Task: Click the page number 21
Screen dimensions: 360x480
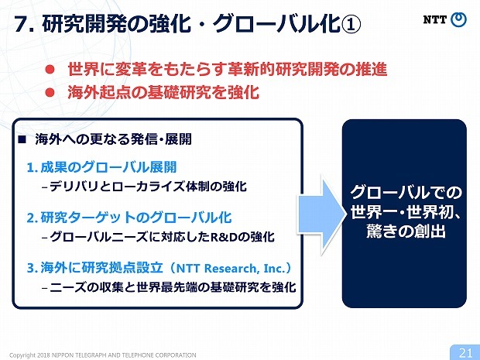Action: (x=465, y=352)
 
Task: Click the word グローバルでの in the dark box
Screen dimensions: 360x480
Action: (x=406, y=191)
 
